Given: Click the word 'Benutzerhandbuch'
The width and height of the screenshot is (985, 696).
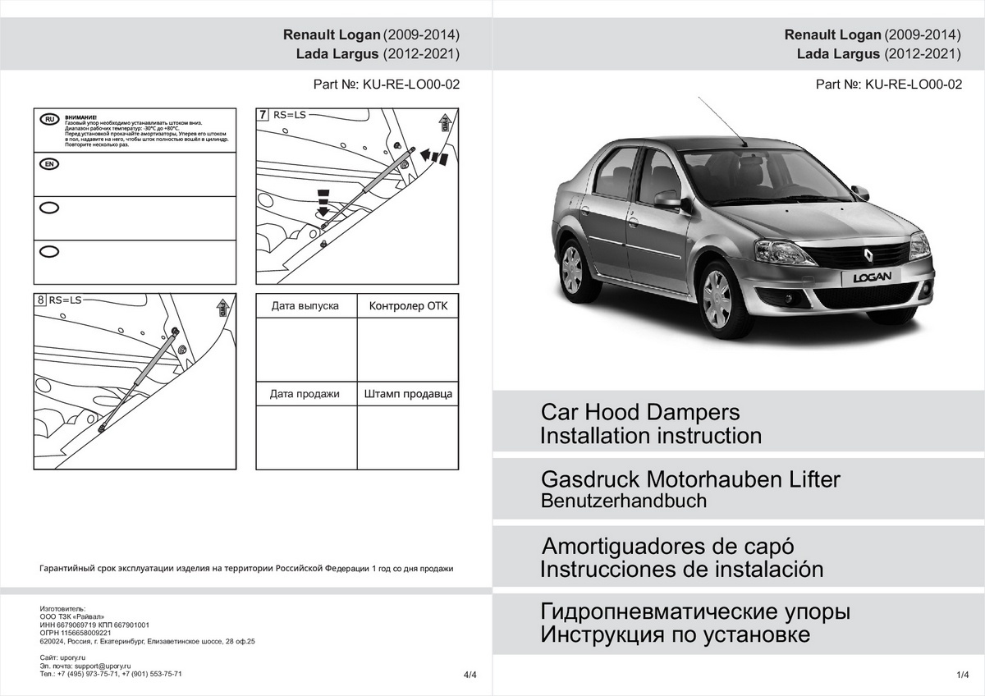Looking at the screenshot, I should click(x=624, y=501).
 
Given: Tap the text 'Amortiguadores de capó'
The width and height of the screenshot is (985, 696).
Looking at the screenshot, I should click(x=668, y=547).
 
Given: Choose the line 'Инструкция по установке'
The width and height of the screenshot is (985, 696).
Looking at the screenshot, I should click(x=675, y=634).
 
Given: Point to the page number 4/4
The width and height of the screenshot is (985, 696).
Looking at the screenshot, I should click(x=470, y=675).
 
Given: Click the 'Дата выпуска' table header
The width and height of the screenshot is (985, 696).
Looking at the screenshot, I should click(x=305, y=306).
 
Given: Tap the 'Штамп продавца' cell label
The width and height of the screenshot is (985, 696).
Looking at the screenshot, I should click(x=408, y=394).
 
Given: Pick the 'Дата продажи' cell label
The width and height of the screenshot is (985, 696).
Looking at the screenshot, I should click(x=305, y=394).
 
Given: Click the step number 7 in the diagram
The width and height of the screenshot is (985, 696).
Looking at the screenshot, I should click(x=263, y=115).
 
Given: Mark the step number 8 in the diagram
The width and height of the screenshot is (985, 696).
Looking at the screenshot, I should click(x=41, y=300).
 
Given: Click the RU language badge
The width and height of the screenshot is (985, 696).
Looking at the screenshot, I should click(x=49, y=120).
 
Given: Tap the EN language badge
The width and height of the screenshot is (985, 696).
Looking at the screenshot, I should click(x=49, y=164).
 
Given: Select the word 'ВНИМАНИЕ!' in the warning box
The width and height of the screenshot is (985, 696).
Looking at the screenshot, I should click(x=81, y=117).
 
